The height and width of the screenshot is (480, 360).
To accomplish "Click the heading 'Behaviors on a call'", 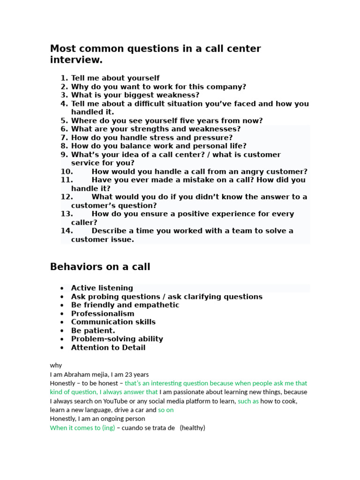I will tap(100, 267).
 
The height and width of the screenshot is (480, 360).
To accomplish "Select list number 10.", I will tap(67, 172).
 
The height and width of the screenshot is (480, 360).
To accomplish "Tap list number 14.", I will tap(67, 231).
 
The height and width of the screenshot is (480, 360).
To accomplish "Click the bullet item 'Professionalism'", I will tap(103, 314).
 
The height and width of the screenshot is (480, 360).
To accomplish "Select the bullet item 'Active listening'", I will tap(102, 288).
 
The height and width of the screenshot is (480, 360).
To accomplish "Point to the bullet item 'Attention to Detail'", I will tap(108, 347).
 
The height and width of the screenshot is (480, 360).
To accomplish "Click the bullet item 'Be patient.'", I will tap(93, 330).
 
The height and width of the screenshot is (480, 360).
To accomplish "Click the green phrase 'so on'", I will tap(166, 410).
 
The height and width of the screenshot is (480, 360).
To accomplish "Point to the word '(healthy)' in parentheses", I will tap(193, 427).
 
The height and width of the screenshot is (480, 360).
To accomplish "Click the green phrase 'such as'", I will tap(248, 401).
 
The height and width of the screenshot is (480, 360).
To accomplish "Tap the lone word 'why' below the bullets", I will tap(56, 365).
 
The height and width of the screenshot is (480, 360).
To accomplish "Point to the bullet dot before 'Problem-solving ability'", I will tap(62, 339).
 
